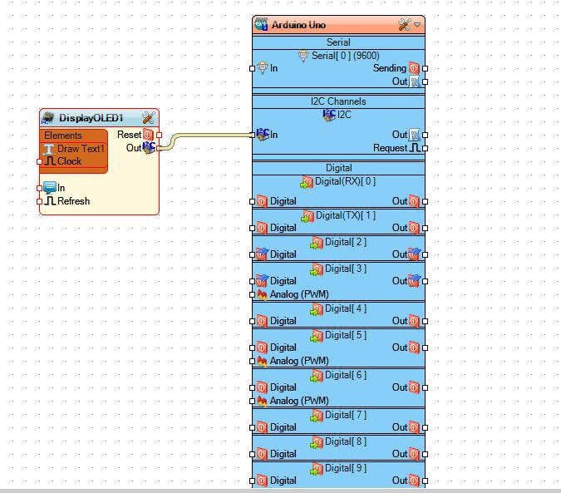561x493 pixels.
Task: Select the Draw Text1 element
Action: click(81, 149)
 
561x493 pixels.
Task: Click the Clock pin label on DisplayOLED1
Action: click(69, 161)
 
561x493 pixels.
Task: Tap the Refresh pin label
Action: click(73, 201)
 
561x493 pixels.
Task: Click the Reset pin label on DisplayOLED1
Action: click(129, 135)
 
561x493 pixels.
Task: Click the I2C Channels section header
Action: click(338, 101)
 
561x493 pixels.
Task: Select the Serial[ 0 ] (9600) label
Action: click(345, 56)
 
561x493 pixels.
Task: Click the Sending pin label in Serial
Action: click(390, 68)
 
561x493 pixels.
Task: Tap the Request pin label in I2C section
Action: click(390, 148)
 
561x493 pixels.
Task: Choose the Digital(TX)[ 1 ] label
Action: click(345, 215)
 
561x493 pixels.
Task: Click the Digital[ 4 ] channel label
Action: click(345, 308)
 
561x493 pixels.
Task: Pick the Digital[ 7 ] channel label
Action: click(345, 415)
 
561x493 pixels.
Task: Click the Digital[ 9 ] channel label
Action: click(345, 468)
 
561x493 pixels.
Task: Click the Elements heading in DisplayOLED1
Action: click(63, 136)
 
